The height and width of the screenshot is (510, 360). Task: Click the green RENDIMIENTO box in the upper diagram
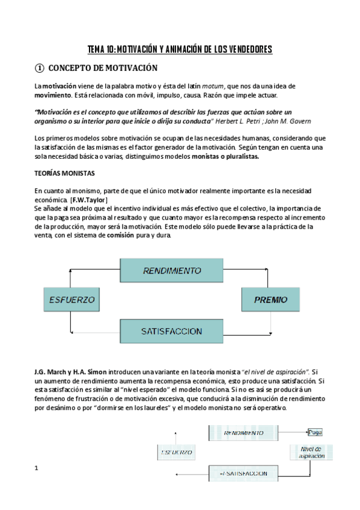(171, 271)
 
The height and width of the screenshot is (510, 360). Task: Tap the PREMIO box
(270, 299)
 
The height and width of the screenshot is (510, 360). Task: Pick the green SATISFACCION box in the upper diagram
(171, 331)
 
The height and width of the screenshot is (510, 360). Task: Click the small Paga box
(315, 432)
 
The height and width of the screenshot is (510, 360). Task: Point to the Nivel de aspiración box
(311, 452)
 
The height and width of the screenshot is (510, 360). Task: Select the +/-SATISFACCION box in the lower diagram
(243, 473)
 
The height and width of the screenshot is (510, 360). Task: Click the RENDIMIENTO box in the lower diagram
(243, 432)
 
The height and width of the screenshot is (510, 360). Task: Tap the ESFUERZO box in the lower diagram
(177, 452)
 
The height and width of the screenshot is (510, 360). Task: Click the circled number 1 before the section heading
(40, 69)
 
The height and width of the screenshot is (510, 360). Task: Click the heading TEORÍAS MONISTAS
(64, 173)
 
